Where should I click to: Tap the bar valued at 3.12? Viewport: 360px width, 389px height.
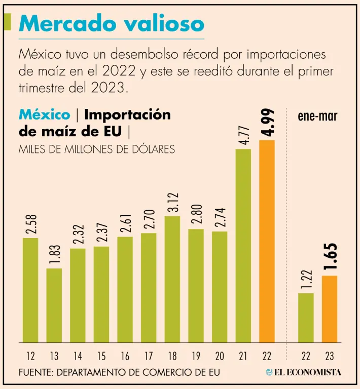point(172,279)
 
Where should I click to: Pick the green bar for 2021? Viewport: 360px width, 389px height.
point(243,246)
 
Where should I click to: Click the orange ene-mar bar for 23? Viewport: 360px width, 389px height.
point(330,309)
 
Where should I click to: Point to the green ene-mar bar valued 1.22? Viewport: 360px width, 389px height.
point(306,318)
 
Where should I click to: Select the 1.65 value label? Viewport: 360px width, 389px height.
point(330,258)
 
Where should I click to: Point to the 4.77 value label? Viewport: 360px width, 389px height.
point(243,134)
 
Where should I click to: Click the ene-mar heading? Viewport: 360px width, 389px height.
point(317,116)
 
